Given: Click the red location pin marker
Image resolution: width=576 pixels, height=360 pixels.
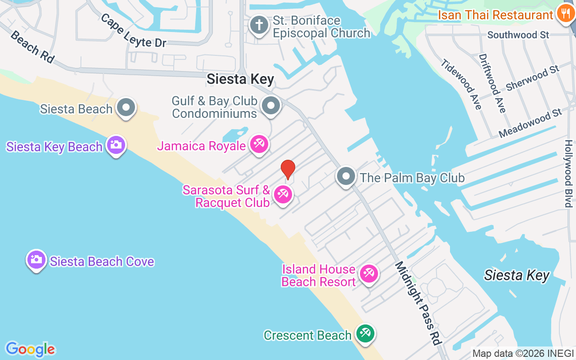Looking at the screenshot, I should [x=288, y=169].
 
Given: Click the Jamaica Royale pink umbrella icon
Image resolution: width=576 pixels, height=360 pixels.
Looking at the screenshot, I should [x=259, y=144].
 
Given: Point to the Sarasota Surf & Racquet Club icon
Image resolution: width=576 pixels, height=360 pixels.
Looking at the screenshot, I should [x=283, y=195].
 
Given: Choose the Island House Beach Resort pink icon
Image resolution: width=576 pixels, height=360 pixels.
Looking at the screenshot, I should [x=369, y=273].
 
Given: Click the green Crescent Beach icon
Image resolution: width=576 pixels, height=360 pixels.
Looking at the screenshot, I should [x=365, y=334].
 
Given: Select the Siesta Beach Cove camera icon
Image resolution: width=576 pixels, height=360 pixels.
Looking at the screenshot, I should [x=36, y=260].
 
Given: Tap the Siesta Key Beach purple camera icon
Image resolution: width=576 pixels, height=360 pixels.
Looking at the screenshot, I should [x=116, y=144].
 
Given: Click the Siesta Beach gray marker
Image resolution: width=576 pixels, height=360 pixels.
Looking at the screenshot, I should [x=126, y=108].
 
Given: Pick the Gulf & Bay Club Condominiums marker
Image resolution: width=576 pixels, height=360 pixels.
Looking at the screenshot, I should [x=271, y=106].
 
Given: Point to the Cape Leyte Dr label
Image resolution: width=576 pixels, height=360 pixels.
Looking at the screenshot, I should [x=133, y=31].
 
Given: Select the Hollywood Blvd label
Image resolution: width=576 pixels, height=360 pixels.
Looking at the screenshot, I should [x=568, y=174].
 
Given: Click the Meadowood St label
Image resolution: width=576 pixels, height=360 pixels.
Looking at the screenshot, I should [x=531, y=123].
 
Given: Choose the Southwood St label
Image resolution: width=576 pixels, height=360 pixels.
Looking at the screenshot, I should [x=518, y=35].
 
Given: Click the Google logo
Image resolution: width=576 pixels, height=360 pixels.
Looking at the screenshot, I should [x=30, y=349].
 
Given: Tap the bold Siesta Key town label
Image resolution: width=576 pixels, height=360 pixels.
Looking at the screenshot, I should [x=240, y=80].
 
